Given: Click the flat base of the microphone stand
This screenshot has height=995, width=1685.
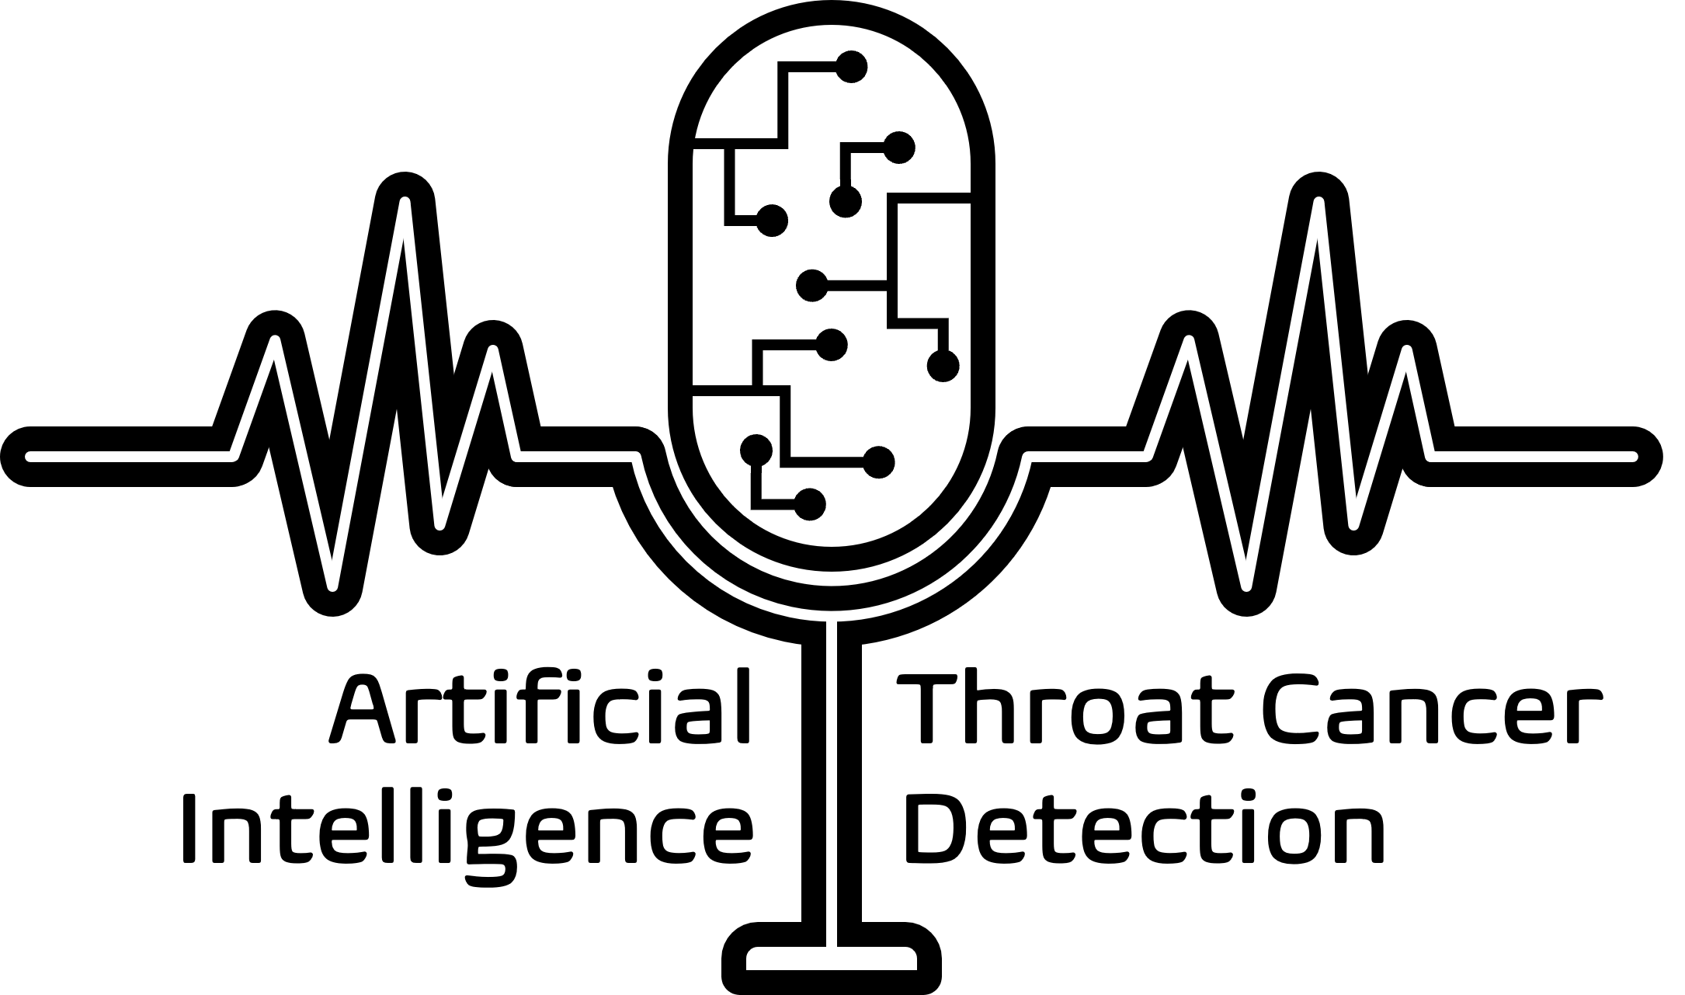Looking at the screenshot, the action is coord(832,958).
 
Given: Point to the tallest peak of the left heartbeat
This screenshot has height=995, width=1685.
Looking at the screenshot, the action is coord(404,204).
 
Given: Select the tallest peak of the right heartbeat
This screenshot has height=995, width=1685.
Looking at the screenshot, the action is coord(1318,204).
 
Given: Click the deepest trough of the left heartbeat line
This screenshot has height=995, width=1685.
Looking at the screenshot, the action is coord(332,585).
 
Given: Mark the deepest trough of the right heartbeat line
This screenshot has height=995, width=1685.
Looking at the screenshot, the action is coord(1246,585).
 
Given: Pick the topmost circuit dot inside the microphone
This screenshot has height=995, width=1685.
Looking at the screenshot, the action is coord(851,67).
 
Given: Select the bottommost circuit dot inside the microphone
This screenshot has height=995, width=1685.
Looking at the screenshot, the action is coord(809,505).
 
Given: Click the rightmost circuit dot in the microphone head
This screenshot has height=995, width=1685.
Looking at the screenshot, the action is coord(943,366).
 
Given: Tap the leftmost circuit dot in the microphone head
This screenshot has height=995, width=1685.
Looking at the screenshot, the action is coord(756,451).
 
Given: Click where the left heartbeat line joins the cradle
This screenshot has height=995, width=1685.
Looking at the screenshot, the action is coord(637,457).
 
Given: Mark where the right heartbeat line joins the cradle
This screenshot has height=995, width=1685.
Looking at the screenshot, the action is coord(1027,457).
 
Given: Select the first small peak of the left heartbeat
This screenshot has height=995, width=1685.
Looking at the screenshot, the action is coord(275,342).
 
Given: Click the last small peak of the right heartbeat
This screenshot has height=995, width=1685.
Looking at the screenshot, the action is coord(1406,352).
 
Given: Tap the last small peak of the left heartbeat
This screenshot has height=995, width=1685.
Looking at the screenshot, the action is coord(492,352).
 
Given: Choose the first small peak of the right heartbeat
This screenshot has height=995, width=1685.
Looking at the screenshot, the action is coord(1189,342).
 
